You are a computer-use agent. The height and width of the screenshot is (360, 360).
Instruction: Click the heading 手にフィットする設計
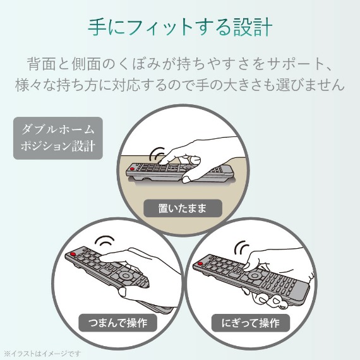click(180, 27)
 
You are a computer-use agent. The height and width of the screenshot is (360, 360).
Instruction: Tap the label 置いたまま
click(183, 208)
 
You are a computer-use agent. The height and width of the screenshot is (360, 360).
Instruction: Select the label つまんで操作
click(117, 323)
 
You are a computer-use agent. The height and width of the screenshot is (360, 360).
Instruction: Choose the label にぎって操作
click(251, 323)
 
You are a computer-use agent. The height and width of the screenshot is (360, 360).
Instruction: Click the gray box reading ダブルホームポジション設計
click(58, 138)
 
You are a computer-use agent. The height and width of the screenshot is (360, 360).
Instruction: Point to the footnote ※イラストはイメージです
click(42, 353)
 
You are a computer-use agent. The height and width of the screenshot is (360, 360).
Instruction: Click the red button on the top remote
click(132, 169)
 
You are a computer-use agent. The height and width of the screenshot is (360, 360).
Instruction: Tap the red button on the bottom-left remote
click(73, 254)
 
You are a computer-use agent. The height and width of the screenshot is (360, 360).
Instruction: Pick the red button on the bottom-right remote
click(200, 263)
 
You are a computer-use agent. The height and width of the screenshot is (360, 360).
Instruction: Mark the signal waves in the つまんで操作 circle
click(104, 241)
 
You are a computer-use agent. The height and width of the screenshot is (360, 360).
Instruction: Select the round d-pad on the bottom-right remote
click(255, 275)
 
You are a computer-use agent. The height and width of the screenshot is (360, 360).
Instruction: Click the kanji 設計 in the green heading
click(253, 27)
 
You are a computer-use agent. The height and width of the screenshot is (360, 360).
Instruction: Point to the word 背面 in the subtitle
click(42, 64)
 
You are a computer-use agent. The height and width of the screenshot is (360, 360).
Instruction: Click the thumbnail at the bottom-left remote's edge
click(122, 292)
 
